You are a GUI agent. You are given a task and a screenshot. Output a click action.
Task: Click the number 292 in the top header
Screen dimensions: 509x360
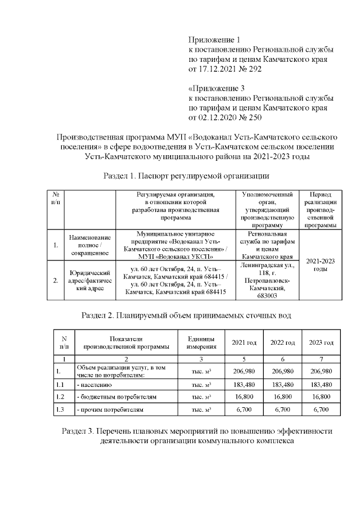point(251,69)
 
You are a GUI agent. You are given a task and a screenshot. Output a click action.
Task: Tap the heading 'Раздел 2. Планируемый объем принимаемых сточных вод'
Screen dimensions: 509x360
point(186,314)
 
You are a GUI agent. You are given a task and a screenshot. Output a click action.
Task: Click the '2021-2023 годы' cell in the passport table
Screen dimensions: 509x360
point(319,265)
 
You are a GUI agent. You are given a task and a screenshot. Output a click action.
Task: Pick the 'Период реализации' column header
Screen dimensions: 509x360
point(319,209)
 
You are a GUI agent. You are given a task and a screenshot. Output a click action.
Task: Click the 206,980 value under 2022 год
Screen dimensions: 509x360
point(283,371)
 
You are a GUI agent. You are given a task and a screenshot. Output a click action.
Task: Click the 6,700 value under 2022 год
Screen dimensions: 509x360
point(283,409)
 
